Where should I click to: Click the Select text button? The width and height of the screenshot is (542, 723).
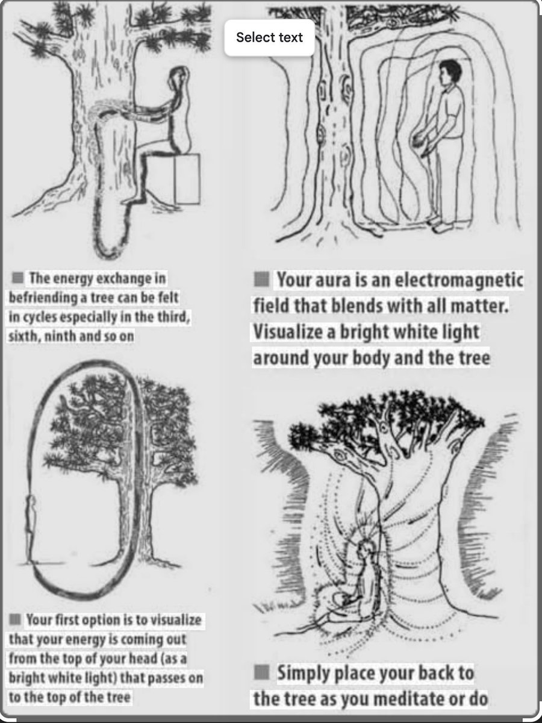(x=269, y=37)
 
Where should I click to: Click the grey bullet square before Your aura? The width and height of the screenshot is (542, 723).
(x=261, y=280)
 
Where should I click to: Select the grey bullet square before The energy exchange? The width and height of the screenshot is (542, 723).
(x=18, y=278)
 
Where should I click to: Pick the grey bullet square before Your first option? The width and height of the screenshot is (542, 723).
(x=15, y=619)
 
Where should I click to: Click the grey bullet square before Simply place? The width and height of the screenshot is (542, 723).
(x=261, y=672)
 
